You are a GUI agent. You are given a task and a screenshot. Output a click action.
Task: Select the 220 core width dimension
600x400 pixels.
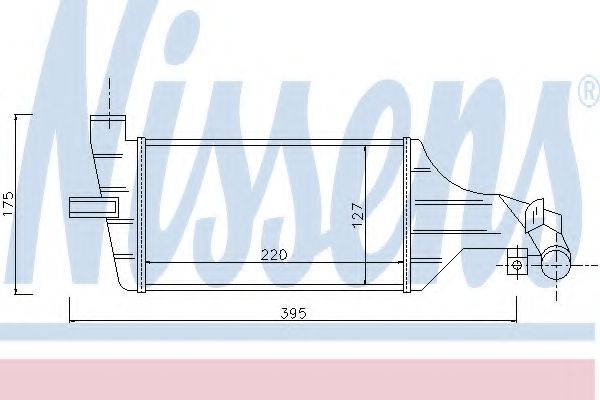coord(276,254)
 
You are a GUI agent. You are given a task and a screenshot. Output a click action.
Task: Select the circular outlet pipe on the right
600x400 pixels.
coord(555,265)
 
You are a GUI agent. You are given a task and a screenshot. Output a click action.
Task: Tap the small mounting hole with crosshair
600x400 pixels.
coord(516,265)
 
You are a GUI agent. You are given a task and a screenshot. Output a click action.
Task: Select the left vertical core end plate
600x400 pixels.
coord(142,214)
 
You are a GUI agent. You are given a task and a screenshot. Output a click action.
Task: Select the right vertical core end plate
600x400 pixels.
coord(406,214)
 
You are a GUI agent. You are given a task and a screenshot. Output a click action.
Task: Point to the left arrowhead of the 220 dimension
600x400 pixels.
coord(150,263)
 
